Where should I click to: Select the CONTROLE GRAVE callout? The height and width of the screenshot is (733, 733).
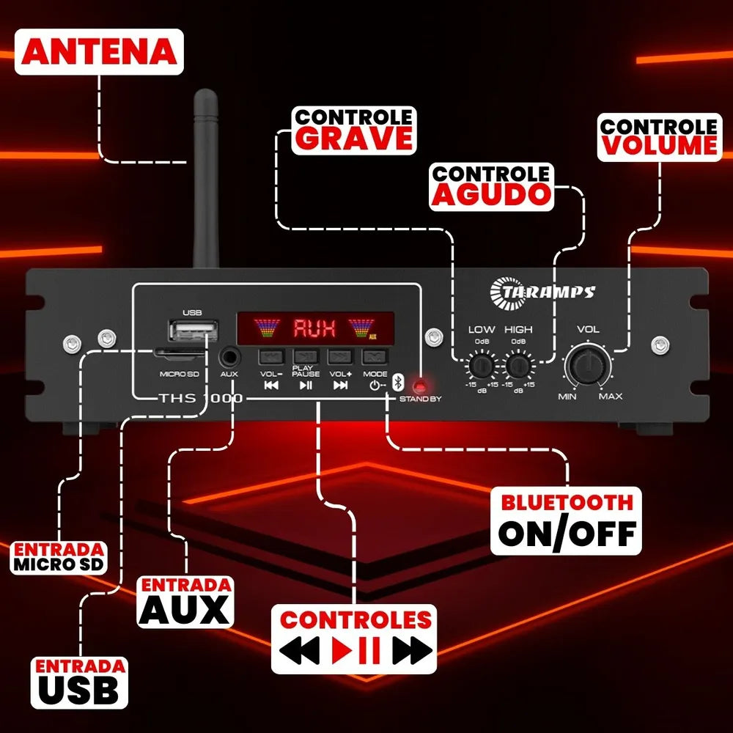(x=354, y=130)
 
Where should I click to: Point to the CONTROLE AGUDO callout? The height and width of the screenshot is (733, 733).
(x=491, y=186)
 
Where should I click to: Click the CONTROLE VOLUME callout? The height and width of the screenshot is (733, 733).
(x=659, y=136)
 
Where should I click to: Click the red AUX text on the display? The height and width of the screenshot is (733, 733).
(x=314, y=328)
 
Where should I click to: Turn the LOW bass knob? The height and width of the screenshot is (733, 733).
(x=482, y=365)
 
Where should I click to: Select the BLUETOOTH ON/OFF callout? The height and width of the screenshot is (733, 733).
(x=566, y=520)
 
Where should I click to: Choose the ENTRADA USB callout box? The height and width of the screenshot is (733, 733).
(x=79, y=682)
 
